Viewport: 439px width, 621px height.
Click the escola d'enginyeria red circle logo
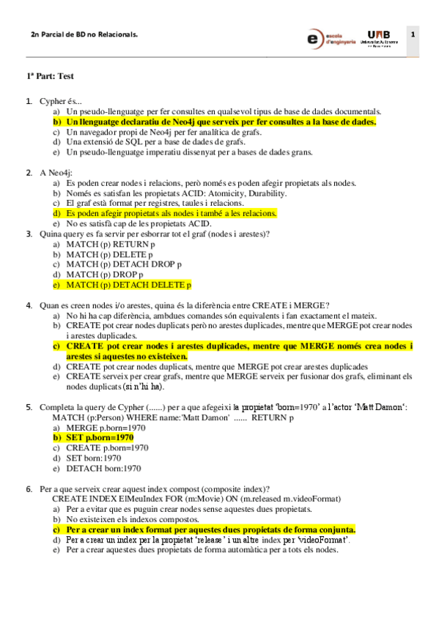[x=316, y=38]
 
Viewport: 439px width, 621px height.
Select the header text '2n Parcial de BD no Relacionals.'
[x=84, y=34]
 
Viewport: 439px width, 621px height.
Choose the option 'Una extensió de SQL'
[x=144, y=142]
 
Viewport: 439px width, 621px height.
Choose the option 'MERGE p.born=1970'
[x=107, y=427]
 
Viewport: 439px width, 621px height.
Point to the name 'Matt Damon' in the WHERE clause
[x=204, y=417]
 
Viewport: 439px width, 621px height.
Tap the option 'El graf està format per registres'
[x=155, y=203]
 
